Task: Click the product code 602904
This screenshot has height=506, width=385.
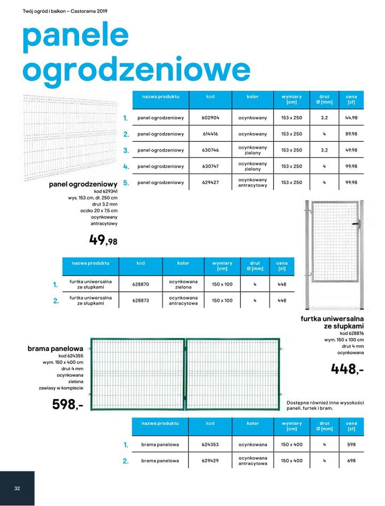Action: coord(210,118)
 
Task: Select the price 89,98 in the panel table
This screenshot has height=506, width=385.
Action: coord(351,134)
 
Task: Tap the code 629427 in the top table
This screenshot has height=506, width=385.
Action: coord(210,182)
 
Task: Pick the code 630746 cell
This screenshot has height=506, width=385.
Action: coord(210,150)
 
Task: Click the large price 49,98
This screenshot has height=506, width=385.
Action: coord(103,240)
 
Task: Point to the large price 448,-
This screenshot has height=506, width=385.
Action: coord(347,369)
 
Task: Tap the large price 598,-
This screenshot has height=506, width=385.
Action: coord(68,404)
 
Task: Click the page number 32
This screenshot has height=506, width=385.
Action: coord(17,488)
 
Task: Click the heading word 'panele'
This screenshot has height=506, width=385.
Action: coord(76,35)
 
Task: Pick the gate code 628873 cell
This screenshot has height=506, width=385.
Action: coord(141,300)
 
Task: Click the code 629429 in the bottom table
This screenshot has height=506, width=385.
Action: coord(210,460)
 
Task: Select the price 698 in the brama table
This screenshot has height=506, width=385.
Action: coord(351,460)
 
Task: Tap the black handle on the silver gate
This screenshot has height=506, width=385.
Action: coord(356,223)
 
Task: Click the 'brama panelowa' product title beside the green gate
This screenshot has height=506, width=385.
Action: coord(55,348)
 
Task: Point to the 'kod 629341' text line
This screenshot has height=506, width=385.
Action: coord(106,191)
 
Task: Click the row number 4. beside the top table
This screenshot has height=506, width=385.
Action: coord(126,167)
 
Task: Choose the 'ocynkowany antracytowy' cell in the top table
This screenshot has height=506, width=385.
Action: coord(252,182)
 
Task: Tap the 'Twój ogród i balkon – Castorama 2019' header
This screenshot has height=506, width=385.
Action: coord(65,11)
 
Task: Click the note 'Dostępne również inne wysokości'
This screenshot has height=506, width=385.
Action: coord(325,403)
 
